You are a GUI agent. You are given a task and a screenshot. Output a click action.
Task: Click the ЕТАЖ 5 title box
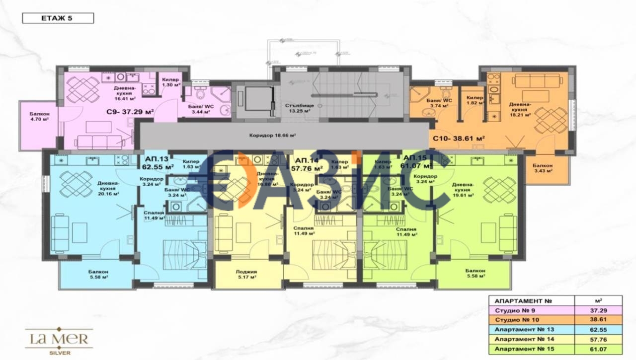(58, 18)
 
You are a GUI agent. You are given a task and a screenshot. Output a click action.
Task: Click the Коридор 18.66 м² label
(272, 135)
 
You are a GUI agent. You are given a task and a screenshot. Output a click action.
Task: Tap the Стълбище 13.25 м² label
(298, 108)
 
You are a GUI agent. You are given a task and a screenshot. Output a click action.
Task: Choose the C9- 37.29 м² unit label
(130, 112)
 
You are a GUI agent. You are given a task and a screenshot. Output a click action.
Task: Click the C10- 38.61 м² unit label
(459, 139)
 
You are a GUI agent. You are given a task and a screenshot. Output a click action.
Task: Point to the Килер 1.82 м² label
(476, 101)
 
